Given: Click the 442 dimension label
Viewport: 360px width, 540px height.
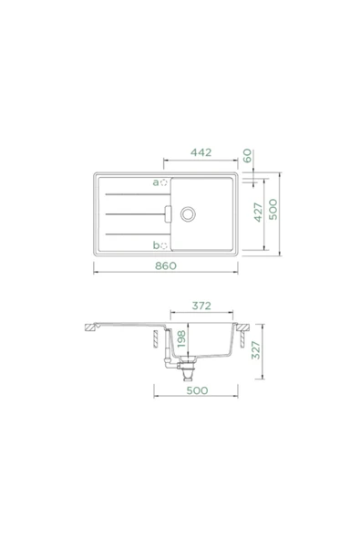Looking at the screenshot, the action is coord(201,152).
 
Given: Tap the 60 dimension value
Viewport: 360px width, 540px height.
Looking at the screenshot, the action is coord(247,156).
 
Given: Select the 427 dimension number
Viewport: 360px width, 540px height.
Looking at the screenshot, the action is coord(258,213).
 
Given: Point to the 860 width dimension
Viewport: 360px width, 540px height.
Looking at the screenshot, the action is coord(166,265).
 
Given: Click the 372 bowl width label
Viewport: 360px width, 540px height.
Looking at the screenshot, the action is coord(201,306).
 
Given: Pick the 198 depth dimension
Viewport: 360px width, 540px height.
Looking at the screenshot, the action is coord(181,339).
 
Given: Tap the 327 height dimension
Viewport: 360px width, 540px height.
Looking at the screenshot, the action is coord(256,350).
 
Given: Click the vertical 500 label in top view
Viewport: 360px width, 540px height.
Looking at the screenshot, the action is coord(273,210).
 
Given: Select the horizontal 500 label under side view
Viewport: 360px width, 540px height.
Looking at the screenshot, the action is coord(197,390).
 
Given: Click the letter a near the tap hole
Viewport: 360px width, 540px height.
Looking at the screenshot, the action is coord(156,182).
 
